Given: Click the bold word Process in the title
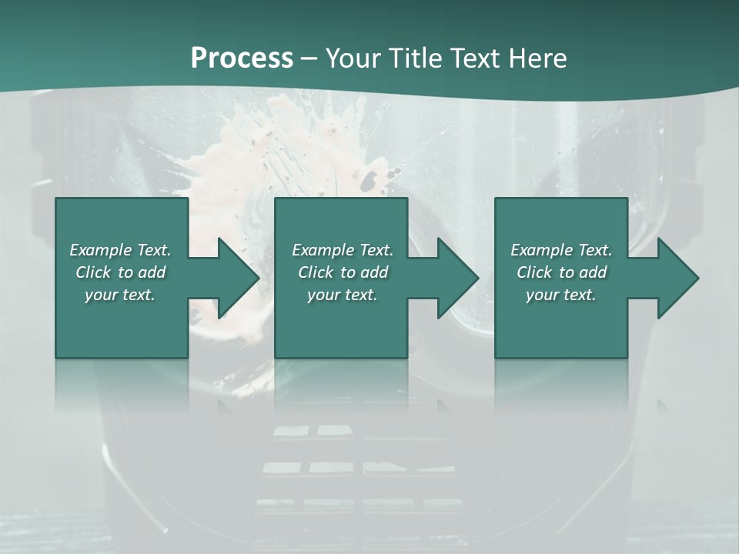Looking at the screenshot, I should tap(242, 58).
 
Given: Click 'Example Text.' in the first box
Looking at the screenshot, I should tap(120, 250).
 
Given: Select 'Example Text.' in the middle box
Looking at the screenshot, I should tap(343, 250).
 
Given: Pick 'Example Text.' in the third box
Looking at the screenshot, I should tap(561, 250).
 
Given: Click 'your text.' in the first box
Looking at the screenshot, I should tap(120, 295).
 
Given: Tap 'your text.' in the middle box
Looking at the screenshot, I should tap(343, 295).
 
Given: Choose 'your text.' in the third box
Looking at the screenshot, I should tap(561, 295).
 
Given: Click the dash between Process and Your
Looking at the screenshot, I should tap(309, 58).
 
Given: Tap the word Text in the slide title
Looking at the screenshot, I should tap(475, 58).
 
